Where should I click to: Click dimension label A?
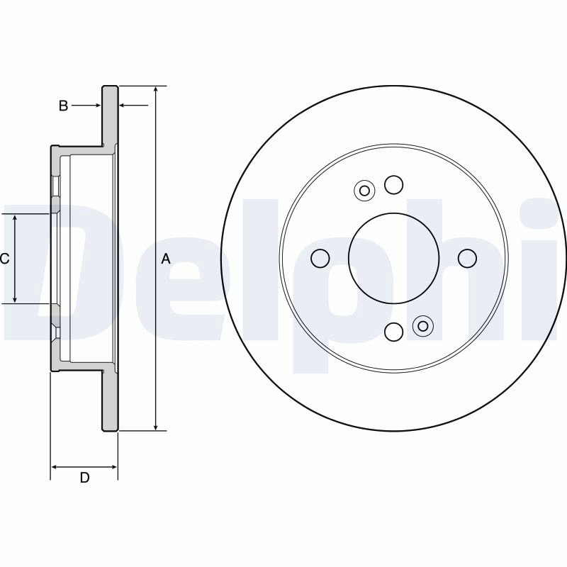click(166, 259)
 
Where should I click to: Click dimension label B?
click(63, 106)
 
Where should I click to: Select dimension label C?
click(4, 259)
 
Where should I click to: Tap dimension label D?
click(84, 478)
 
